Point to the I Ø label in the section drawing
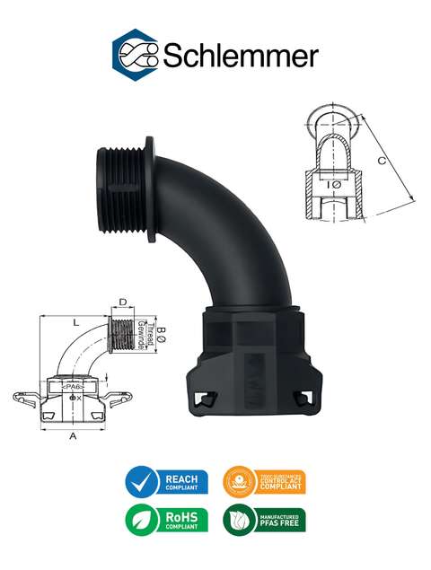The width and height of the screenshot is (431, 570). [x=333, y=184]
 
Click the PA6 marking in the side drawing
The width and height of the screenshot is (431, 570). [x=74, y=386]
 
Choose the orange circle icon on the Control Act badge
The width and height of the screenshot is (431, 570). [x=239, y=483]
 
